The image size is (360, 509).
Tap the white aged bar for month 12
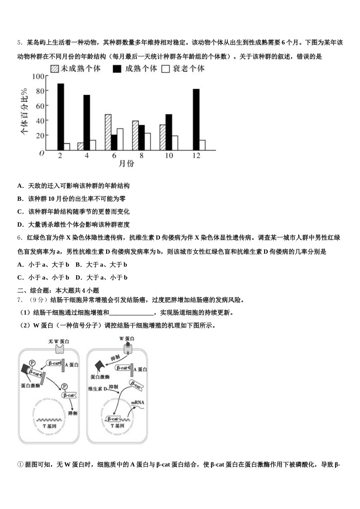(202, 145)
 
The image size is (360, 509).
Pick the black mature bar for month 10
(169, 132)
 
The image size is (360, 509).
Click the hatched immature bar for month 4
(80, 146)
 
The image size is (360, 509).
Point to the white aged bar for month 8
(147, 141)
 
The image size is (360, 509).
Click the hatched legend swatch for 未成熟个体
(55, 69)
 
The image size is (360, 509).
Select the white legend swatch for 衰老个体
(165, 69)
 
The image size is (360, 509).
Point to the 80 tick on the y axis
(40, 91)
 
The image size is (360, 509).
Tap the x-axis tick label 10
(169, 156)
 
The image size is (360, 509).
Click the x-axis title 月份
(126, 164)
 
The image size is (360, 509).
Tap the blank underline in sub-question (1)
(131, 313)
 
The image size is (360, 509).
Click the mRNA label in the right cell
(138, 403)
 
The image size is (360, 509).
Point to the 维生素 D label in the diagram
(97, 389)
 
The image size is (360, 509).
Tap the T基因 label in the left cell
(49, 426)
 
